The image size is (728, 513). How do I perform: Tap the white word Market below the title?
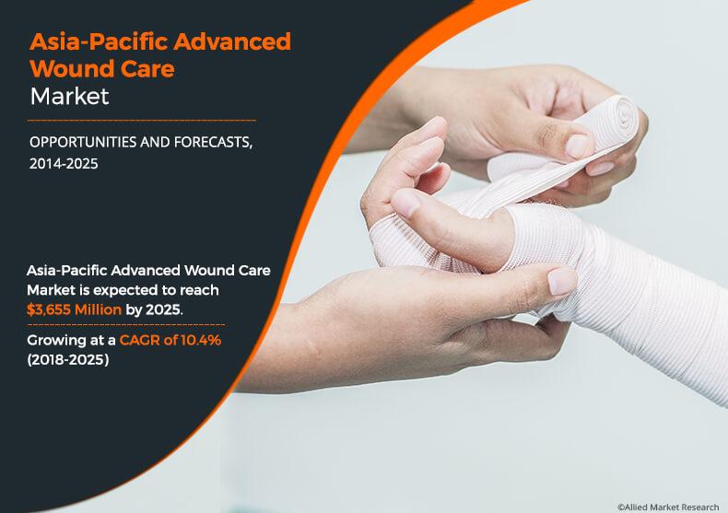[69, 95]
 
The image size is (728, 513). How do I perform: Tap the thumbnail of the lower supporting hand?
[560, 281]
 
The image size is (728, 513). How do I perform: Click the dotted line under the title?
[142, 121]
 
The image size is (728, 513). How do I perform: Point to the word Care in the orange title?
[149, 68]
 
